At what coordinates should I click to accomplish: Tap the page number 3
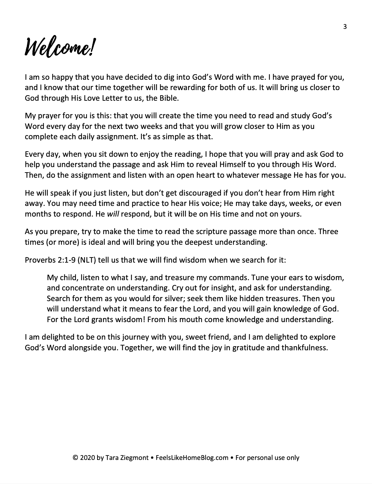345,27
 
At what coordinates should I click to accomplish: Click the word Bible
167,98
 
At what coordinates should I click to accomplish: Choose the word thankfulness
303,348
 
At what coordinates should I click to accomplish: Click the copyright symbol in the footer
75,458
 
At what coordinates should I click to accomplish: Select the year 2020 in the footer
86,458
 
